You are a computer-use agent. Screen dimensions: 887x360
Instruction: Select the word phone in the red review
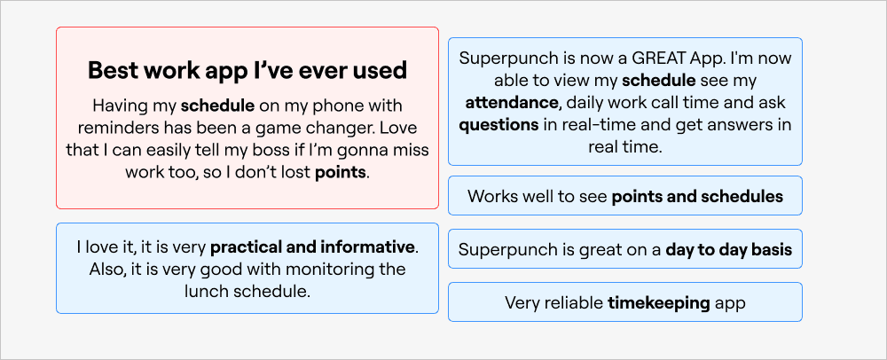coord(342,106)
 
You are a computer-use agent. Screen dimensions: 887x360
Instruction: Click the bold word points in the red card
coord(341,172)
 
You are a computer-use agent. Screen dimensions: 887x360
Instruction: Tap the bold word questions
coord(498,125)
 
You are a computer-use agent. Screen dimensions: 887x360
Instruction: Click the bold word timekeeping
coord(659,303)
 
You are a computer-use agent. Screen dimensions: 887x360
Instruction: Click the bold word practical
coord(252,247)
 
